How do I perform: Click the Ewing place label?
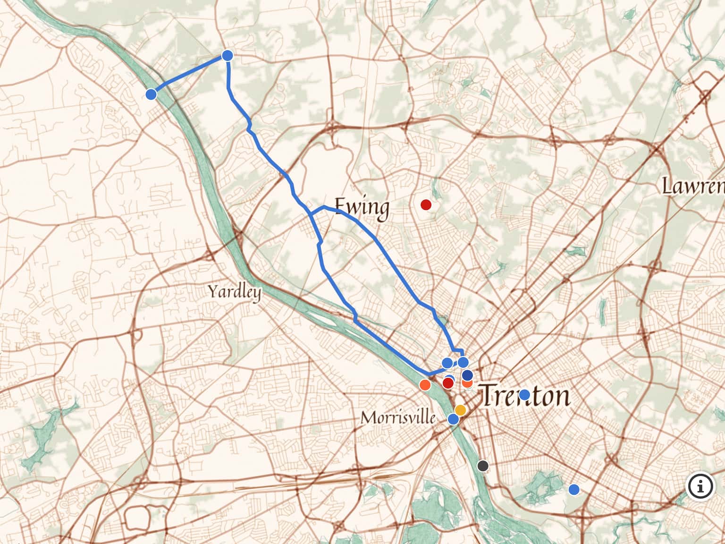coord(362,208)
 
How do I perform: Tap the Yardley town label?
coord(235,292)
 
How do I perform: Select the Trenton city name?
coord(525,396)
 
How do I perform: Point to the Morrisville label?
coord(398,417)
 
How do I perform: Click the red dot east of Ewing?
coord(426,204)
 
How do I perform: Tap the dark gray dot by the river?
coord(482,466)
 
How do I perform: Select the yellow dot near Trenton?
coord(460,410)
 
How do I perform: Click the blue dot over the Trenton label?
coord(524,395)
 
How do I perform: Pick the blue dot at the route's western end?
coord(151,94)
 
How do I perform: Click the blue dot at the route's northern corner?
coord(228,56)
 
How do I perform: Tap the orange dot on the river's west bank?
coord(425,385)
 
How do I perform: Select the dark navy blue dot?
coord(467,375)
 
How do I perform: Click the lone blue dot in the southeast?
coord(574,489)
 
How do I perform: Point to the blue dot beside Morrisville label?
coord(453,419)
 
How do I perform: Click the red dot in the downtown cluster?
coord(448,382)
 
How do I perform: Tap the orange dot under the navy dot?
coord(468,383)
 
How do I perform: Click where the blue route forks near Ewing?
coord(312,214)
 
